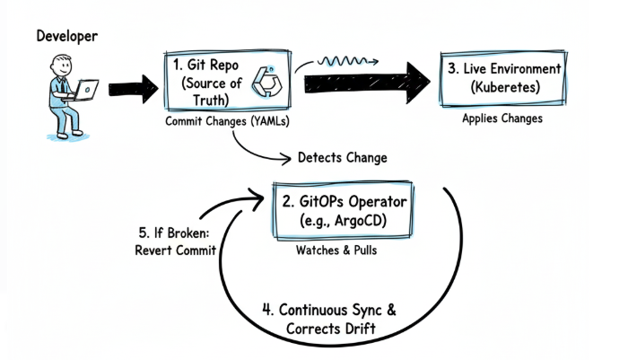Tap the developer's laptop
[86, 89]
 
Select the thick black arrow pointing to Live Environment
[368, 83]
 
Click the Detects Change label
[343, 158]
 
